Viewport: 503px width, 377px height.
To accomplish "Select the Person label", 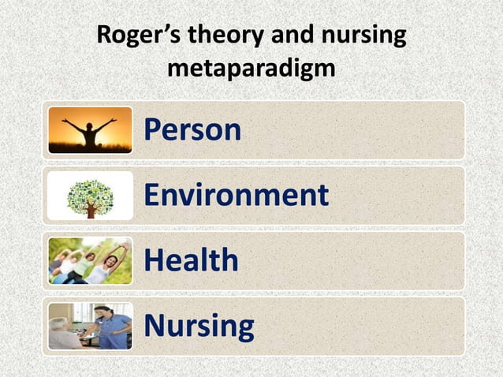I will coord(192,130).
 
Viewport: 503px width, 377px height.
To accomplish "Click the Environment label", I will coord(236,195).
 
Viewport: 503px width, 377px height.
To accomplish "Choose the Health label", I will coord(190,260).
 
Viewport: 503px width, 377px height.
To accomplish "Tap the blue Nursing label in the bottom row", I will coord(199,325).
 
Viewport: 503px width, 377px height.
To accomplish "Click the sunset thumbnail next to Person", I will coord(90,130).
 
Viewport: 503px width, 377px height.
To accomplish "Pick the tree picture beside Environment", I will coord(90,196).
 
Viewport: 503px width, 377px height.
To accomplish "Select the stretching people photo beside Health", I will coord(90,260).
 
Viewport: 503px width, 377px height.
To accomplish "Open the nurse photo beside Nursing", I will coord(90,326).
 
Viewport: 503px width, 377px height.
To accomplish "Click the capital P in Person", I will coord(152,130).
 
